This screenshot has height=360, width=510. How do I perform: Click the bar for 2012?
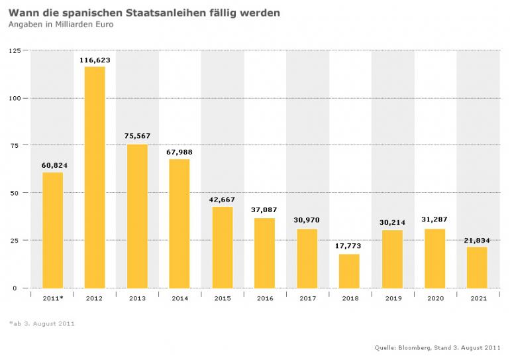click(95, 177)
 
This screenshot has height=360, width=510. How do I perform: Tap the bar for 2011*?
click(52, 230)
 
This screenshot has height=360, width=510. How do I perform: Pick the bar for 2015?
click(223, 247)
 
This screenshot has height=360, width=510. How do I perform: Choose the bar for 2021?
click(477, 267)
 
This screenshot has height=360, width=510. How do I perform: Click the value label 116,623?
click(95, 60)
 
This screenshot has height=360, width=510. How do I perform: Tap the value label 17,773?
click(350, 246)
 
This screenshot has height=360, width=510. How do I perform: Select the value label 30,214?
click(392, 222)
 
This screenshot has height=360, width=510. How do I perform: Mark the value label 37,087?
click(264, 210)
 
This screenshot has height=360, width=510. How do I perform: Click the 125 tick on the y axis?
click(15, 50)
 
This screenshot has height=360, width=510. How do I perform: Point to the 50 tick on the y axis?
click(17, 193)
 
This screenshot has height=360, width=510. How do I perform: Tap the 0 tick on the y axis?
click(19, 288)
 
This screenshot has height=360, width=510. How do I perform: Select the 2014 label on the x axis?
click(179, 298)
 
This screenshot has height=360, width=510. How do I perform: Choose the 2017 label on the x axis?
click(307, 298)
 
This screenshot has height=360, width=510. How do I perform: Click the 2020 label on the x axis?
click(434, 298)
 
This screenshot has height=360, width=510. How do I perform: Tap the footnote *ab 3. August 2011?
click(42, 324)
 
